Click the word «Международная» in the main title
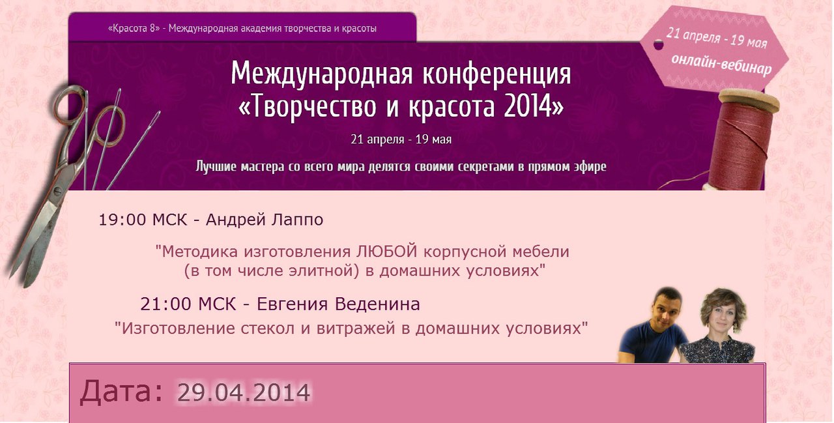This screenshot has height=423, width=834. click(322, 74)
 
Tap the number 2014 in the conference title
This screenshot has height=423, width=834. click(528, 106)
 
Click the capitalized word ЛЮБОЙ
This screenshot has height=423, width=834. click(386, 252)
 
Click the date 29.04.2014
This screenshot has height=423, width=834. click(244, 392)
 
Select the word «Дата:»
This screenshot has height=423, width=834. click(121, 392)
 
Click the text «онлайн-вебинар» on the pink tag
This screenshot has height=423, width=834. click(721, 65)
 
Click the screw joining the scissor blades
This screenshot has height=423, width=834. click(57, 192)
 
